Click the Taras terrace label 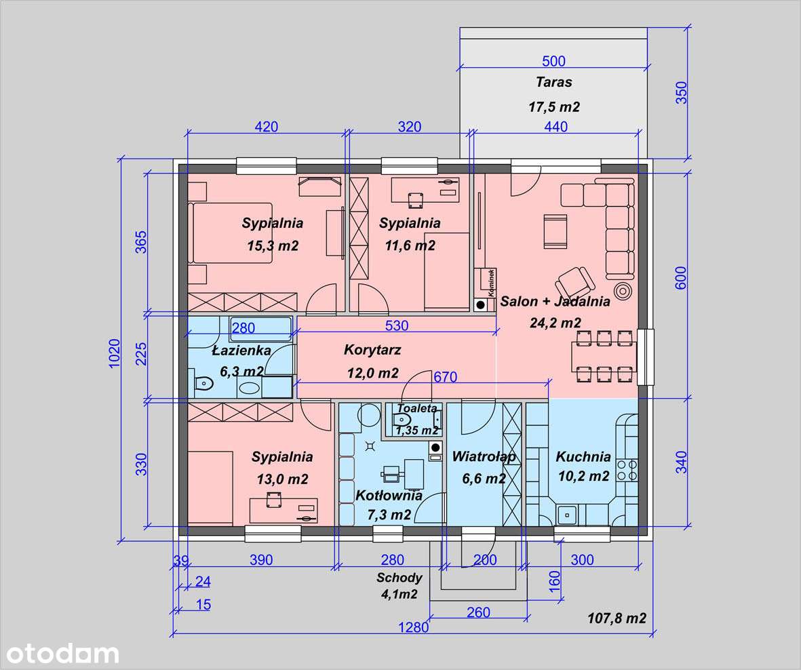click(553, 81)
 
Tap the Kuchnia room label click(583, 456)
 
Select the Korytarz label click(372, 350)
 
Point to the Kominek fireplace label click(491, 282)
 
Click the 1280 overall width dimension click(413, 627)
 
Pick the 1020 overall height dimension click(114, 353)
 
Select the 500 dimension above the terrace click(553, 61)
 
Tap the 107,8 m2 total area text click(617, 618)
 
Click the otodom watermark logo click(62, 654)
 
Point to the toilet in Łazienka click(204, 383)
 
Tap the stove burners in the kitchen click(627, 471)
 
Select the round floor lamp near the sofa click(622, 292)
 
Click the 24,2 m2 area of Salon click(555, 323)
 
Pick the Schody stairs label click(399, 578)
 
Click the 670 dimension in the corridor click(445, 377)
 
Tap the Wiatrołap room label click(484, 456)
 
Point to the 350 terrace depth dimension click(682, 93)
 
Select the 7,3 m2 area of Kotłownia click(389, 515)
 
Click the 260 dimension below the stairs click(478, 612)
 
